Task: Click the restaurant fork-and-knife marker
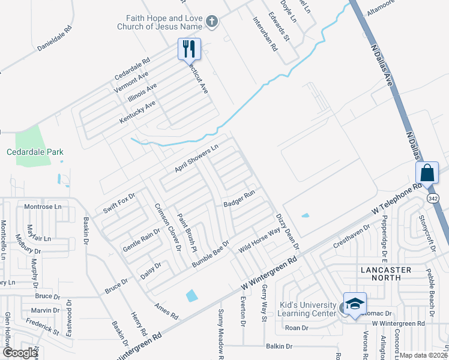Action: [x=189, y=48]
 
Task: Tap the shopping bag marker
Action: [x=427, y=172]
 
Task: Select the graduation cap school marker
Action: [x=354, y=303]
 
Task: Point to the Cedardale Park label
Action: [x=35, y=152]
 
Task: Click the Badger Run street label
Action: [x=240, y=199]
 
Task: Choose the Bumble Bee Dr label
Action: [x=211, y=254]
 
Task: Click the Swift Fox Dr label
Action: [x=119, y=202]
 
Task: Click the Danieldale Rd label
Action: [x=54, y=37]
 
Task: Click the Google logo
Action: [x=20, y=353]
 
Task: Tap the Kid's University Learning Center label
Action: [x=308, y=309]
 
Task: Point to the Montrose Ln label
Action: [x=43, y=206]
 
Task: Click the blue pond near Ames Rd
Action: [x=191, y=295]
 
